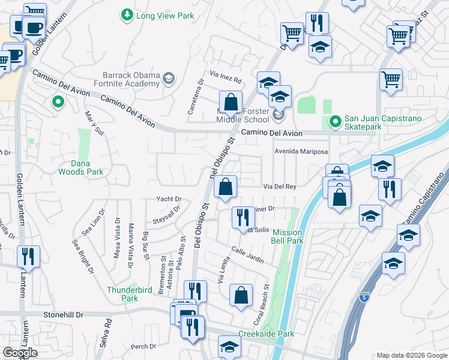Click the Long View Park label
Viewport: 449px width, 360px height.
(x=165, y=16)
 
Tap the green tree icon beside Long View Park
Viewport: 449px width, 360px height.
(x=127, y=15)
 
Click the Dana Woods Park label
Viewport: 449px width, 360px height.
(x=80, y=167)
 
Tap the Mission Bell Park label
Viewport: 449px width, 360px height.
(x=288, y=236)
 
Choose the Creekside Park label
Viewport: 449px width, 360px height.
(x=266, y=334)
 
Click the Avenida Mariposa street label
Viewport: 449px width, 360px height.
(x=301, y=151)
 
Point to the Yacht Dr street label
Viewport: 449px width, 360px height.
(x=169, y=199)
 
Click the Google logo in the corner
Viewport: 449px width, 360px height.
(x=20, y=352)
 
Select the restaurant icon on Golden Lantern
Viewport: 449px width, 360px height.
(x=28, y=257)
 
